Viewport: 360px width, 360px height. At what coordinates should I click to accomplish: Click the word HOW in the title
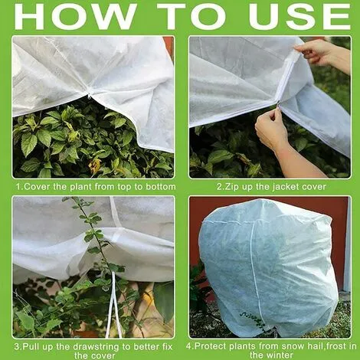(x=75, y=16)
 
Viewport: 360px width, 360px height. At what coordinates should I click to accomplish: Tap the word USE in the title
(x=299, y=16)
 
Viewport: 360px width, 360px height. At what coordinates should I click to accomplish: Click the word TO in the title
(x=191, y=16)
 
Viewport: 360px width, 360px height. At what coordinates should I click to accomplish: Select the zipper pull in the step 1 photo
(x=89, y=97)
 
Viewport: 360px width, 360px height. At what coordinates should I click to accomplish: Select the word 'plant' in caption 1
(x=80, y=187)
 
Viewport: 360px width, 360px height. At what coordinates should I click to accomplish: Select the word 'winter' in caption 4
(x=280, y=355)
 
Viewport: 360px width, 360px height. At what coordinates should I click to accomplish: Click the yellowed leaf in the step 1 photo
(x=94, y=165)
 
